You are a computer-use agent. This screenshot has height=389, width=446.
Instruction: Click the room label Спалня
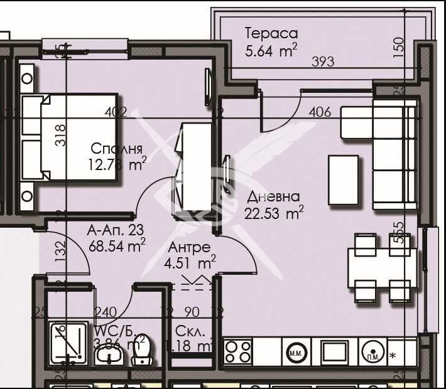tap(116, 149)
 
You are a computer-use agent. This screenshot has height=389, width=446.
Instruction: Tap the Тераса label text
tap(271, 33)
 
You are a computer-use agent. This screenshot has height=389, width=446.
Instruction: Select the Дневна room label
tap(273, 196)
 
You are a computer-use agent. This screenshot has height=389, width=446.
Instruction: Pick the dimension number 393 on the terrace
tap(323, 61)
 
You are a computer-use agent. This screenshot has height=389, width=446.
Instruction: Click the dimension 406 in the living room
tap(320, 112)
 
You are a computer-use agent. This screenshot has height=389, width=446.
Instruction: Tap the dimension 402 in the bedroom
tap(116, 112)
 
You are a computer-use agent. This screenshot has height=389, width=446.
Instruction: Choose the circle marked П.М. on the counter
tap(372, 351)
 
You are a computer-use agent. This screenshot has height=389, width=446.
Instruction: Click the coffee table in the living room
tap(343, 179)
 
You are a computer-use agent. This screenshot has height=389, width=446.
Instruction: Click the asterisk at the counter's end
tap(393, 356)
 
